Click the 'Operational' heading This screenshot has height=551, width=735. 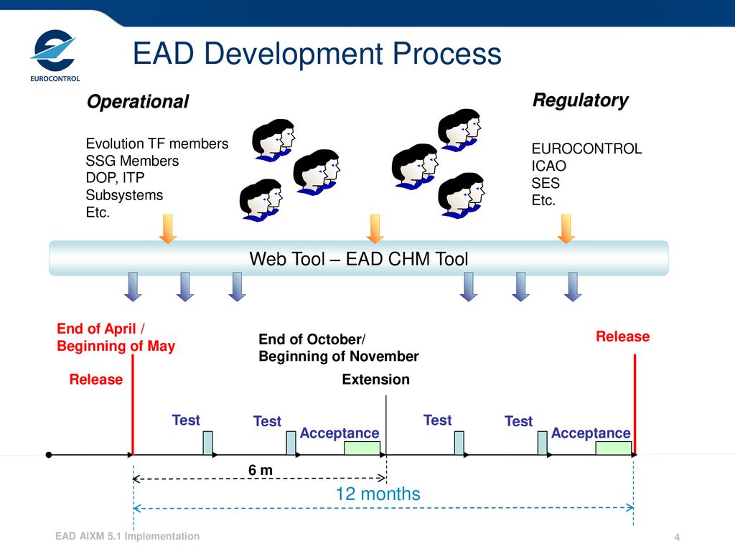(137, 102)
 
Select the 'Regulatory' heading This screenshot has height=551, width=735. (580, 100)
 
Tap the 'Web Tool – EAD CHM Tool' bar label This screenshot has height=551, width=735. (358, 259)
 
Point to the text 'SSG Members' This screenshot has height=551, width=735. (132, 161)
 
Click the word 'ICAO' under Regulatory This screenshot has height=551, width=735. (548, 166)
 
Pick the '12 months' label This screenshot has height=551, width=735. (378, 494)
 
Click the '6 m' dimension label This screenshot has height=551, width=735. (261, 469)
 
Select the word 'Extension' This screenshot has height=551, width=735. (375, 380)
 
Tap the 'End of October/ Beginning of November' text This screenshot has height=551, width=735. (338, 347)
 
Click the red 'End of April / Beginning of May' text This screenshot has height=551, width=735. (116, 337)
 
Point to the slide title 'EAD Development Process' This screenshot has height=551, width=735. (317, 54)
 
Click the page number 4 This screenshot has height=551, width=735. (677, 538)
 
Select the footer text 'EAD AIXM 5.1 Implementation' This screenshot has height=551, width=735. (128, 536)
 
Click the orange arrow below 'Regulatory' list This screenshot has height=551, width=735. (566, 228)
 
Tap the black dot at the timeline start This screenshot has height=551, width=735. (48, 455)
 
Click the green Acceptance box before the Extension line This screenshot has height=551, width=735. (362, 448)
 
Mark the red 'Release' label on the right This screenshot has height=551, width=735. (622, 336)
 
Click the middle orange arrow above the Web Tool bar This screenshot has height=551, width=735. (375, 228)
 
